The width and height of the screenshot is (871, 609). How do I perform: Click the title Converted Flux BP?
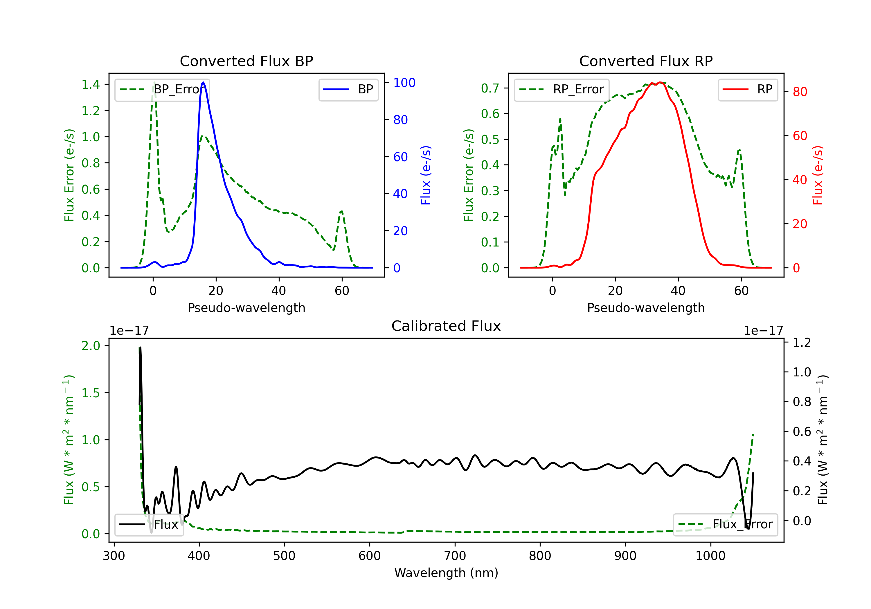[246, 61]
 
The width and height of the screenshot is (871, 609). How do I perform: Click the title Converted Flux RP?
[646, 61]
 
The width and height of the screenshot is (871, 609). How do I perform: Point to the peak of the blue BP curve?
[203, 82]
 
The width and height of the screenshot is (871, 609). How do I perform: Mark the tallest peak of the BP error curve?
[154, 82]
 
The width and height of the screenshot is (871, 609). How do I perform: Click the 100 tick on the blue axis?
[404, 83]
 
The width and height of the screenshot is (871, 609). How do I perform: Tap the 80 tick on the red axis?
[800, 92]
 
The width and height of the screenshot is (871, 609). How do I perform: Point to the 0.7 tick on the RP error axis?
[490, 88]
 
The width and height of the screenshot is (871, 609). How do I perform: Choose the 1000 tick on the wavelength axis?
[710, 556]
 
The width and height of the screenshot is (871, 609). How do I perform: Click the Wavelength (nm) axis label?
[446, 573]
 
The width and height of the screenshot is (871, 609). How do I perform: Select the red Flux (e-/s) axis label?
[818, 175]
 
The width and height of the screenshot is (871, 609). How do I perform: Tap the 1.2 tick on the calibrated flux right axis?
[802, 342]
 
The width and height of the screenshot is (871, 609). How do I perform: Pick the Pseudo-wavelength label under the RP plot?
[646, 308]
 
